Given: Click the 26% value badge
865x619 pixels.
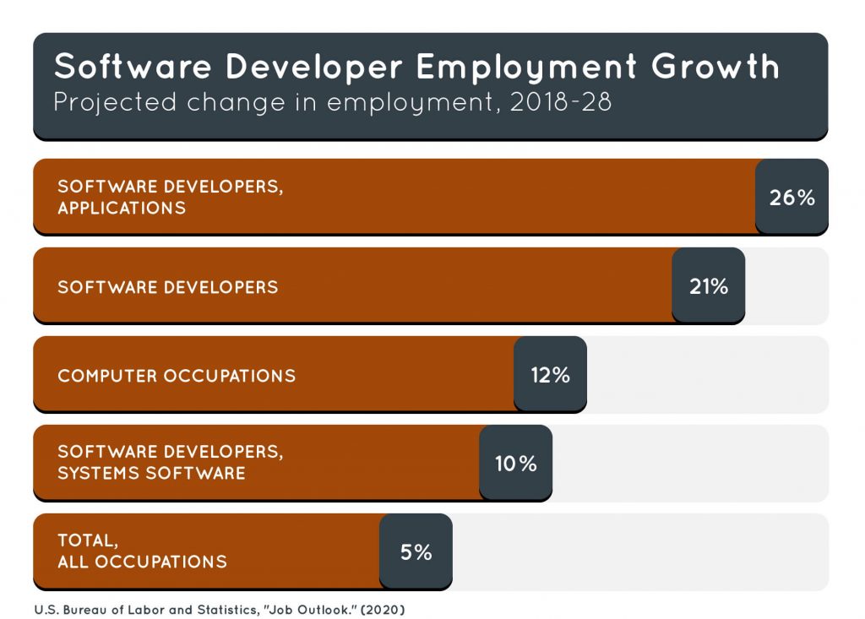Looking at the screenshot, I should pyautogui.click(x=792, y=198).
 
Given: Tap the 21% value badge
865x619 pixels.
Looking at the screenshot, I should pyautogui.click(x=708, y=286).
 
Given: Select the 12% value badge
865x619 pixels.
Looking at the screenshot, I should pyautogui.click(x=550, y=375).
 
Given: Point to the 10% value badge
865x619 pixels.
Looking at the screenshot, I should pyautogui.click(x=515, y=464).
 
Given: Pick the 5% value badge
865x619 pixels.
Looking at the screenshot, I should pyautogui.click(x=416, y=552).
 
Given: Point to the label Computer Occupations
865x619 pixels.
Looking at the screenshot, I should pyautogui.click(x=177, y=376).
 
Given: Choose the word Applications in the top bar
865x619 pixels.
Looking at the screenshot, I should pyautogui.click(x=122, y=208).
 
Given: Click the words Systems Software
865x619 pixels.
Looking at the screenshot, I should pyautogui.click(x=151, y=473).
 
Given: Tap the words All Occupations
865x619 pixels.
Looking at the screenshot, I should pyautogui.click(x=142, y=562).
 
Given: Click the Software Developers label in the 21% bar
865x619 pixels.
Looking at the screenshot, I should pyautogui.click(x=167, y=287).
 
